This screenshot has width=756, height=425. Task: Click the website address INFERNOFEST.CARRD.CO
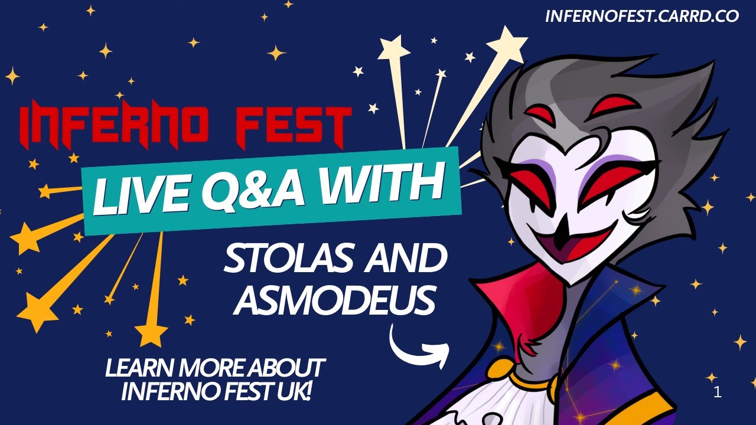(x=642, y=16)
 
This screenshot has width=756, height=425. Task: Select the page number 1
(x=718, y=393)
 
